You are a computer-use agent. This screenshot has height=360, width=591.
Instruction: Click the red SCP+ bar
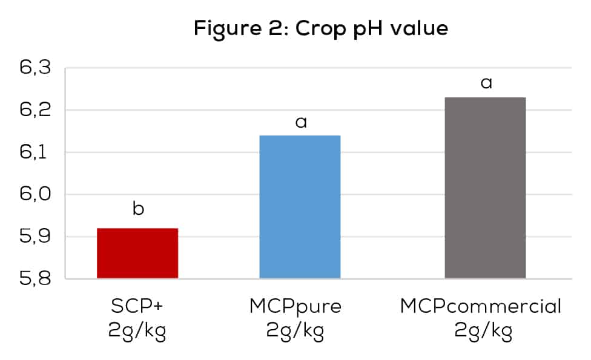(x=137, y=253)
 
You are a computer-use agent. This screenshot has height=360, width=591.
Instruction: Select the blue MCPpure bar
(x=300, y=206)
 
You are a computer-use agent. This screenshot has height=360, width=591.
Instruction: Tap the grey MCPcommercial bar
(x=485, y=188)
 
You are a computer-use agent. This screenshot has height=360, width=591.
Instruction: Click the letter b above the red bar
(x=138, y=209)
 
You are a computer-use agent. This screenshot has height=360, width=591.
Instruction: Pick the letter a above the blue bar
(x=300, y=123)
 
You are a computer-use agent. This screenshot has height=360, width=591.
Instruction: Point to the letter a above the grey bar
(x=486, y=83)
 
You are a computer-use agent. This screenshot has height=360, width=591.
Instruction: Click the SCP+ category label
(x=137, y=306)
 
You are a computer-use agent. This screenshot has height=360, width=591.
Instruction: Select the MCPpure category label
(x=295, y=307)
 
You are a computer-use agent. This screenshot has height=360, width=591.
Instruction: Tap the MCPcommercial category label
(x=481, y=307)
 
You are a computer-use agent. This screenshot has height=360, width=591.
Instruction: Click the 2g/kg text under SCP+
(x=137, y=332)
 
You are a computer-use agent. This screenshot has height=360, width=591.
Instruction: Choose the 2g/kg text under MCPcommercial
(x=481, y=332)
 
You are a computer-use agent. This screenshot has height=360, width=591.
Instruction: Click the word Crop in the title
(x=320, y=29)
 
